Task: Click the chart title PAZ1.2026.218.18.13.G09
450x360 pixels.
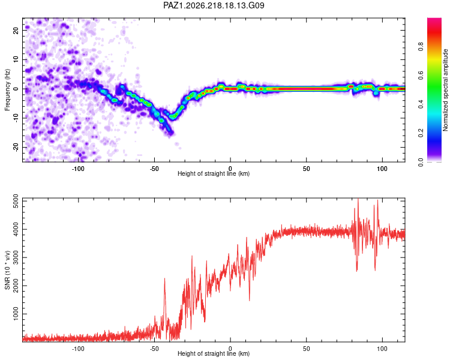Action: click(214, 5)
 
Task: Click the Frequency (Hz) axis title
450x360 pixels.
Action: click(7, 90)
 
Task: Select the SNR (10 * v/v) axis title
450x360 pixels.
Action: click(7, 270)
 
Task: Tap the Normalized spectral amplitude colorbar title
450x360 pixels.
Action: click(445, 90)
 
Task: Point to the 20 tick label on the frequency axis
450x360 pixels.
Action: click(16, 30)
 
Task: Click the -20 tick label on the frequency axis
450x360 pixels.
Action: click(16, 147)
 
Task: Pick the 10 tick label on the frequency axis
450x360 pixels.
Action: click(16, 59)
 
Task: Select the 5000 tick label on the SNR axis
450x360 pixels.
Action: click(16, 201)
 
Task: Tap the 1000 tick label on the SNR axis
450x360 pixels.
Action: click(16, 314)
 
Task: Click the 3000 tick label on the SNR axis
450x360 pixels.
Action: click(16, 257)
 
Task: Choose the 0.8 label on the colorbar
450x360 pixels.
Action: click(421, 47)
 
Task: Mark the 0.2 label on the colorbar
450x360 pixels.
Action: click(421, 133)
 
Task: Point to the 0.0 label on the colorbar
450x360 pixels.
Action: click(421, 162)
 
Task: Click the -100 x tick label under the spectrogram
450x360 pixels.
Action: click(78, 169)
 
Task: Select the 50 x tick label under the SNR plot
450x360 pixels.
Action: click(306, 349)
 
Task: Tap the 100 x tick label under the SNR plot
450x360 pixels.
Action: click(382, 349)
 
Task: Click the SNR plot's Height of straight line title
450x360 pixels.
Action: click(214, 353)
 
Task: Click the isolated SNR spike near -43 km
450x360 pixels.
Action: click(164, 278)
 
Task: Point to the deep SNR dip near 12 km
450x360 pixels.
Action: click(250, 300)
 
